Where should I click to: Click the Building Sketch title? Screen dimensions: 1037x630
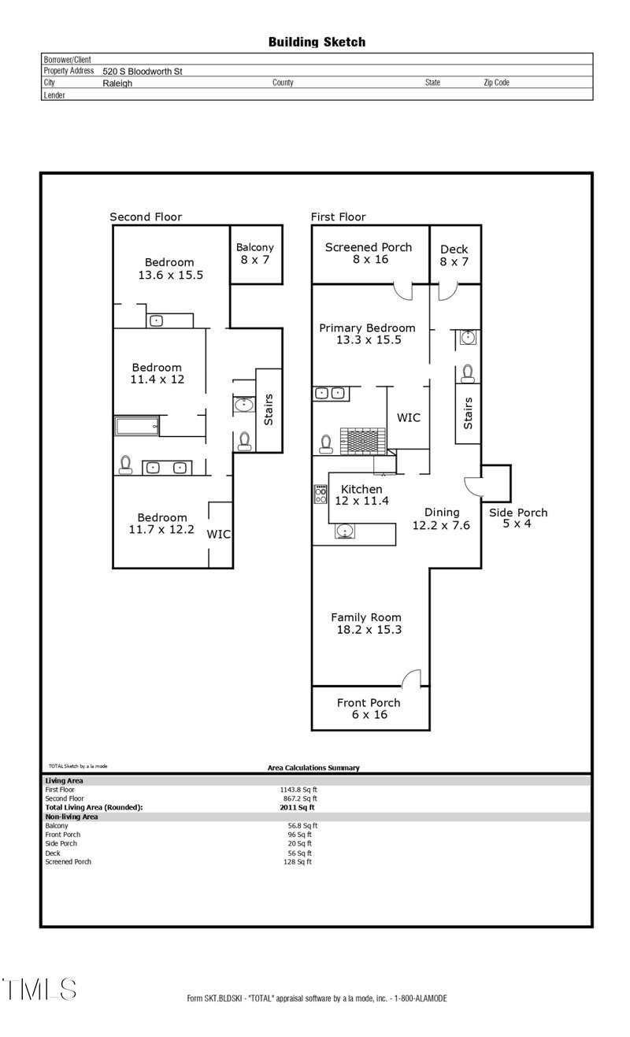click(x=317, y=42)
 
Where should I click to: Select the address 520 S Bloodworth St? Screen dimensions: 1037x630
click(x=143, y=71)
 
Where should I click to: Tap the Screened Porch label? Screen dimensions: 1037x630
click(x=369, y=253)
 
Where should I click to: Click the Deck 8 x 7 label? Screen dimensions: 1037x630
click(x=454, y=255)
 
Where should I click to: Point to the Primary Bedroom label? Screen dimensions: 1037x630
click(x=367, y=334)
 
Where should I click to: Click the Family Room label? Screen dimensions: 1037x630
click(x=366, y=624)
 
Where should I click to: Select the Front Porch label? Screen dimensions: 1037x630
click(x=369, y=709)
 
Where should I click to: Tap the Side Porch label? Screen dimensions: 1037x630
click(x=517, y=517)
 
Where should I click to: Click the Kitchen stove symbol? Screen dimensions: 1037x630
click(x=321, y=494)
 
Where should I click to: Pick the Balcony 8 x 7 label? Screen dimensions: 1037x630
click(x=255, y=253)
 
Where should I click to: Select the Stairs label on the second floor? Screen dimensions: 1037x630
click(x=269, y=409)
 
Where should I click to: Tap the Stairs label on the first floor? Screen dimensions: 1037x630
click(x=469, y=413)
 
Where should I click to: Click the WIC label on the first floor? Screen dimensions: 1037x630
click(x=408, y=417)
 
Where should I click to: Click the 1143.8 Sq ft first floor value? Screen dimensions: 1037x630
click(x=298, y=789)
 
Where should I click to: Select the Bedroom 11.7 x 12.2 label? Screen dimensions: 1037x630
click(x=162, y=524)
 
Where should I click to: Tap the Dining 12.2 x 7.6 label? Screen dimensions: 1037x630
click(x=441, y=518)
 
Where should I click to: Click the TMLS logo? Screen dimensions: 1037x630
click(x=39, y=989)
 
